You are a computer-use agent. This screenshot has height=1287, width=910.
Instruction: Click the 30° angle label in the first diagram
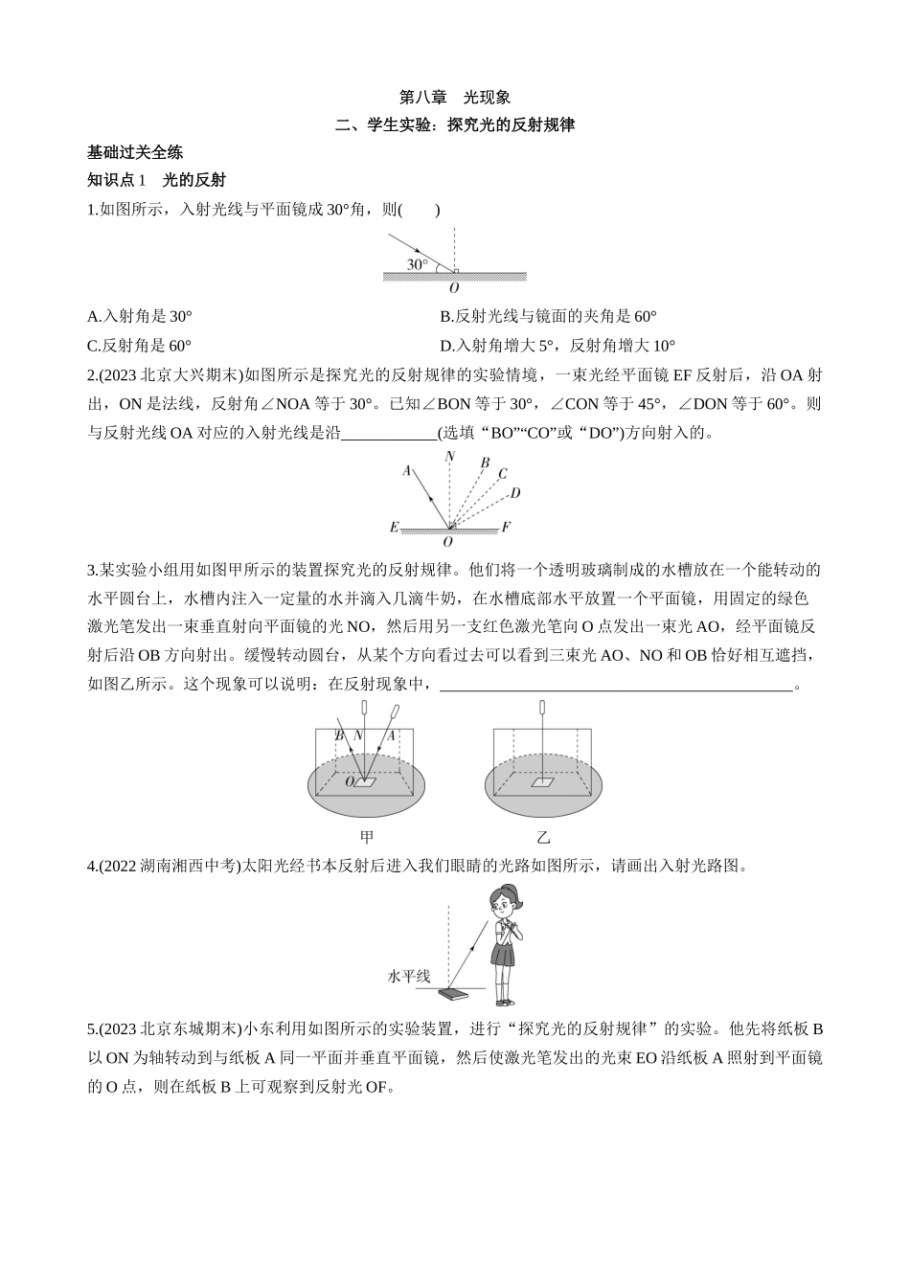417,264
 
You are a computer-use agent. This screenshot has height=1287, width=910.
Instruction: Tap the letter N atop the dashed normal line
449,457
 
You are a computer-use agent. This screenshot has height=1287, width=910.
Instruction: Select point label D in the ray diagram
515,493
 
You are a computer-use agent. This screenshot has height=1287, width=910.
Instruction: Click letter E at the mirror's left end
394,527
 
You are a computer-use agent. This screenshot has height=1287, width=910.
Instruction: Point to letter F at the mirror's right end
506,527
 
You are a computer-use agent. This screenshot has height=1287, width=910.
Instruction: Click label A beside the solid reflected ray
407,470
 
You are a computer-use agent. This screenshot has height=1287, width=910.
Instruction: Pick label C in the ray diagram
503,473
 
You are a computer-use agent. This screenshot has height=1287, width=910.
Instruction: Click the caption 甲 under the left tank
366,837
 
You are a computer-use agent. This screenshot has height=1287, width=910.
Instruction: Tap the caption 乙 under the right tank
543,837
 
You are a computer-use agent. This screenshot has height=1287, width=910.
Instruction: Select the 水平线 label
408,977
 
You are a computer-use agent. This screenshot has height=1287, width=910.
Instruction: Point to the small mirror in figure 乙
543,783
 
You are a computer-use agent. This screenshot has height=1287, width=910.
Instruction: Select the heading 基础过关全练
135,151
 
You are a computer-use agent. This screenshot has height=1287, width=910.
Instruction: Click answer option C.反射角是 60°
140,346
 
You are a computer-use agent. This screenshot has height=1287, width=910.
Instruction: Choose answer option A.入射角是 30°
140,316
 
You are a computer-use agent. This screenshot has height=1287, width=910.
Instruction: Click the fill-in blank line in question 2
389,433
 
